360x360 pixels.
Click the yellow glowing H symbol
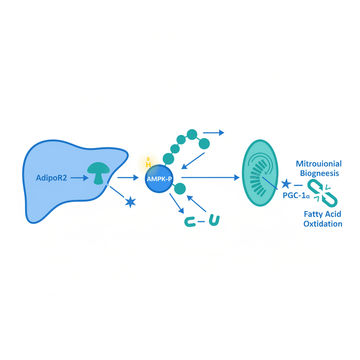click(148, 164)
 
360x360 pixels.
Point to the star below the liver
click(130, 202)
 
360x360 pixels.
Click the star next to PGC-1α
click(285, 184)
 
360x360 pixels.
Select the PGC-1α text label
click(296, 196)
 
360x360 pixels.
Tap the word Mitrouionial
click(319, 164)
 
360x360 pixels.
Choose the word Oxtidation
click(323, 224)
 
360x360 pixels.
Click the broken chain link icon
click(322, 192)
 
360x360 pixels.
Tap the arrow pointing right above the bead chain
click(214, 133)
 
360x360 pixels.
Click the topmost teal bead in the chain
click(192, 134)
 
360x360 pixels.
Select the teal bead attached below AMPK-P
click(180, 189)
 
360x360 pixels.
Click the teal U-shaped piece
click(214, 220)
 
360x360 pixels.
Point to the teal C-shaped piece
click(190, 221)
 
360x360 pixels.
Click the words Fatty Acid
click(323, 214)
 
